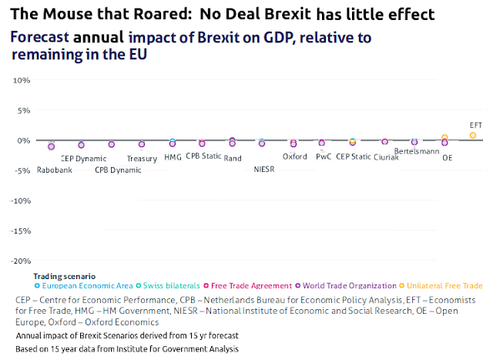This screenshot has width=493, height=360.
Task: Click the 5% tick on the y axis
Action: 21,110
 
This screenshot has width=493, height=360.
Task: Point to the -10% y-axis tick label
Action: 18,200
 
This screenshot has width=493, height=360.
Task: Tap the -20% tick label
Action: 18,261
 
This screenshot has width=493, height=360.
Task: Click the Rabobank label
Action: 54,170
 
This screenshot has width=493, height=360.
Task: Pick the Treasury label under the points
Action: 142,159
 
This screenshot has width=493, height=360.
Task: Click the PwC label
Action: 324,156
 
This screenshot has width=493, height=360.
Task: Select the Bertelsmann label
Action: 416,152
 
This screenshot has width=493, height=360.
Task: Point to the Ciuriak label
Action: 386,157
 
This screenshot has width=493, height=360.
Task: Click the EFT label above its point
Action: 477,125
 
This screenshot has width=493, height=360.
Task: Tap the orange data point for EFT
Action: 473,135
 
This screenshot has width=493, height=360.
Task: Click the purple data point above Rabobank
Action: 52,146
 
